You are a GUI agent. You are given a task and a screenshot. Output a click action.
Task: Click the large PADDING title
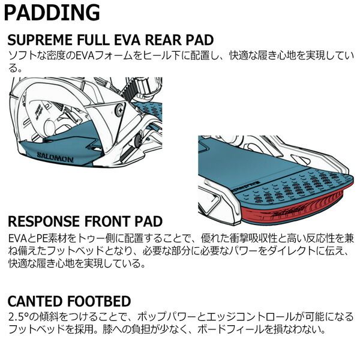pyautogui.click(x=52, y=13)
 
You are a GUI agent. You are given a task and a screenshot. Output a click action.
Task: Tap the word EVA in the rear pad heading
pyautogui.click(x=127, y=40)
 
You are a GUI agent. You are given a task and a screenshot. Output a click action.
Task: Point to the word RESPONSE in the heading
pyautogui.click(x=44, y=221)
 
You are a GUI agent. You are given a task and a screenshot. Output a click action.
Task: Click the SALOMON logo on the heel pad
pyautogui.click(x=55, y=157)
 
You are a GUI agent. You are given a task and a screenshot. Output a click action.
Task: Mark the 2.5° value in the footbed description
pyautogui.click(x=18, y=317)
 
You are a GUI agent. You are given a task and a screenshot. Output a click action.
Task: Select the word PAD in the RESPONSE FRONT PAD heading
pyautogui.click(x=149, y=221)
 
